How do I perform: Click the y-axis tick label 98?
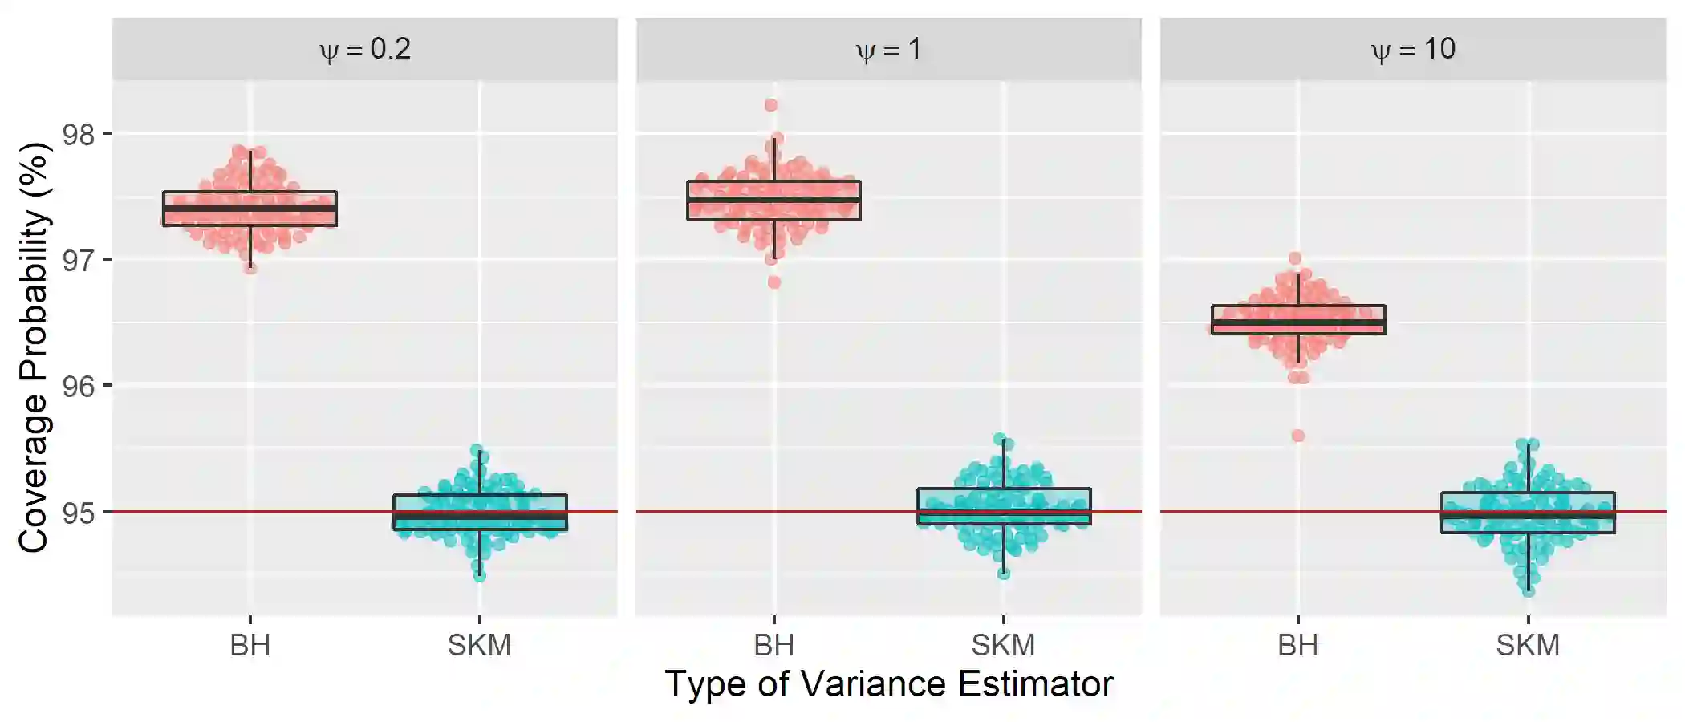click(x=78, y=134)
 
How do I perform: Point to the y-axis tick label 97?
click(x=78, y=261)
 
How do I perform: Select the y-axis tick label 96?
click(x=78, y=387)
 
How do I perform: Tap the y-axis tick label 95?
click(x=78, y=513)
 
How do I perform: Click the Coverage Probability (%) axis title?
click(x=34, y=347)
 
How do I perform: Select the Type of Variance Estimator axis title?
click(x=888, y=684)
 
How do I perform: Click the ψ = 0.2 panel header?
click(x=365, y=50)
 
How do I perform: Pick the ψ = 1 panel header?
click(x=888, y=50)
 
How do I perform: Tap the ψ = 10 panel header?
click(x=1413, y=50)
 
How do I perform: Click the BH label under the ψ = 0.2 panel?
click(x=250, y=645)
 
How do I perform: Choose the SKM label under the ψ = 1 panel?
click(x=1003, y=645)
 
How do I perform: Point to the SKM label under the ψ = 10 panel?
click(x=1528, y=645)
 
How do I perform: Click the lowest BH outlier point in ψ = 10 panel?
click(x=1297, y=436)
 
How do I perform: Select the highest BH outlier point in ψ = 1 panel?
click(x=771, y=105)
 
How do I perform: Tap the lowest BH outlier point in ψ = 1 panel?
click(x=774, y=282)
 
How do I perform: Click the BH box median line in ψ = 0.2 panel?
click(x=250, y=209)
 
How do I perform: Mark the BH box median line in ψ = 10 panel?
click(x=1298, y=323)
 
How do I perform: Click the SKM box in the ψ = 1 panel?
click(x=1004, y=505)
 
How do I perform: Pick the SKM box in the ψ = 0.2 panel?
click(x=480, y=512)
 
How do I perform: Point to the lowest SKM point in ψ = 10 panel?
click(x=1529, y=591)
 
